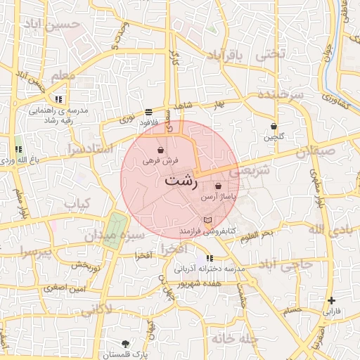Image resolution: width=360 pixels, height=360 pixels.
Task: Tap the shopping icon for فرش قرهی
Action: coord(161,150)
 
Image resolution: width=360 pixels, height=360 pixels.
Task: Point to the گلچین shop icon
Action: coord(274,127)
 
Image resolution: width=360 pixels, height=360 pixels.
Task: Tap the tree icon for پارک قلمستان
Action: coord(126,344)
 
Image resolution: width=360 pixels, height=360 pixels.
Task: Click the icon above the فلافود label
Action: coord(148,112)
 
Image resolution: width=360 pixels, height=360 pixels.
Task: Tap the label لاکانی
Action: coord(91,308)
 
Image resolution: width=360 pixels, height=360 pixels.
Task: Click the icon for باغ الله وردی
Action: coord(18,149)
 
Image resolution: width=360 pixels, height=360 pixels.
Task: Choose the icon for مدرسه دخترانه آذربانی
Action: coord(210,259)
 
